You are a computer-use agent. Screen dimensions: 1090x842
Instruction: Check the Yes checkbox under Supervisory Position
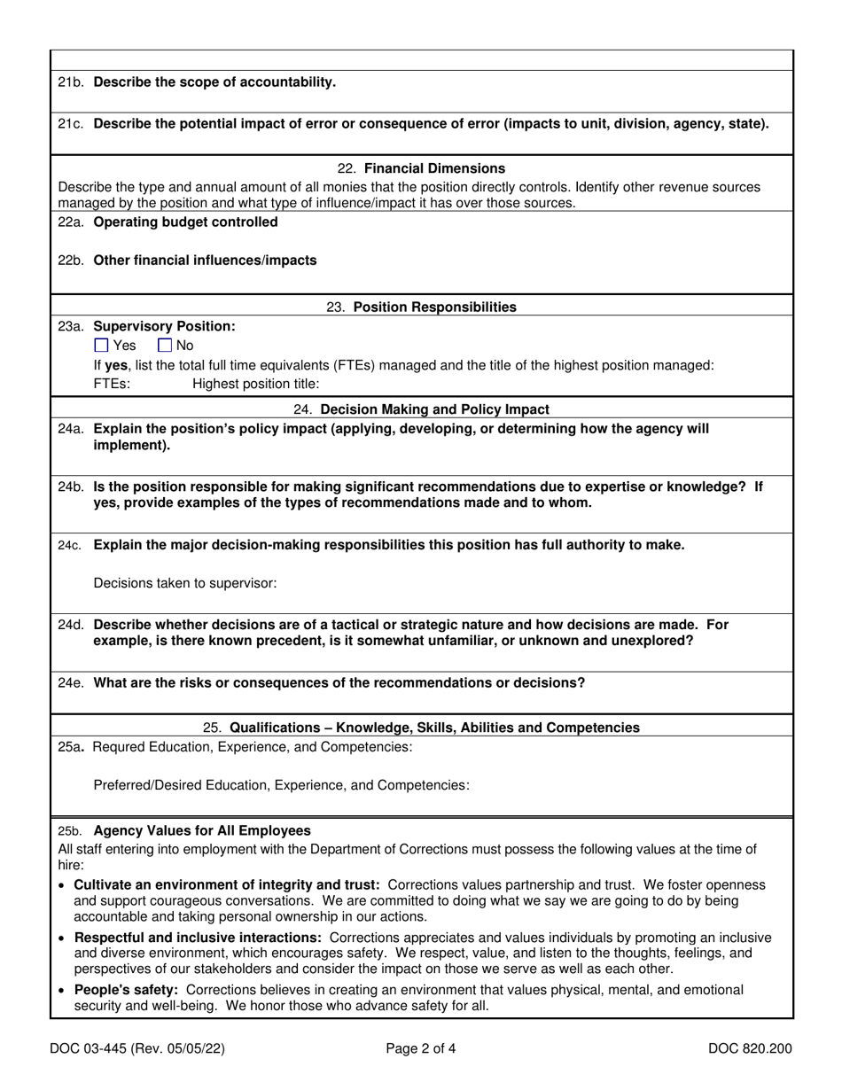click(101, 346)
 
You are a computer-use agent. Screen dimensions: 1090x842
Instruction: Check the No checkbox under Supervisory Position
click(165, 346)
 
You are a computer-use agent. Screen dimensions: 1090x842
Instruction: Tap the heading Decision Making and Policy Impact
click(434, 409)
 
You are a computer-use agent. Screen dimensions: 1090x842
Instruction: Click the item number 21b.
click(71, 82)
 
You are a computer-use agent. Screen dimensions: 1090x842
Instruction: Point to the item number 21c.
click(71, 124)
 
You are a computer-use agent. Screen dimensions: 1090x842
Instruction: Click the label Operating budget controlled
click(185, 222)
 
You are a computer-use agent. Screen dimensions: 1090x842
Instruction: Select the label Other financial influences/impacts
click(205, 261)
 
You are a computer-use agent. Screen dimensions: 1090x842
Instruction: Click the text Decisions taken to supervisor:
click(185, 583)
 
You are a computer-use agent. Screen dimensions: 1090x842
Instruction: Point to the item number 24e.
click(71, 683)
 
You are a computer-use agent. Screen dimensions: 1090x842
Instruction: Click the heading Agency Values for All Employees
click(202, 831)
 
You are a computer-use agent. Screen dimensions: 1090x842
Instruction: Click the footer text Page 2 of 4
click(421, 1050)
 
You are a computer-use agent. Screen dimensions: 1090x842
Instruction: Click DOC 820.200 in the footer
click(750, 1050)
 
